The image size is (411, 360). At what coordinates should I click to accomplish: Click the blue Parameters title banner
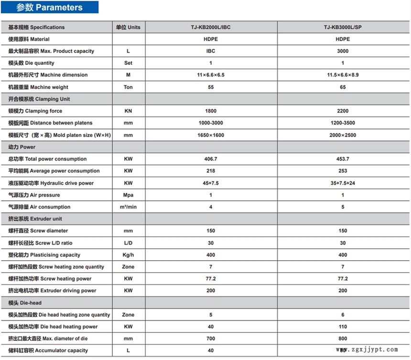coord(50,8)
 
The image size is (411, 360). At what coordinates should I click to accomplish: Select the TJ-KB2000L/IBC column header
coord(210,27)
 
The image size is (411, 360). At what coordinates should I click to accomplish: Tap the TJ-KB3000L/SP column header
coord(343,27)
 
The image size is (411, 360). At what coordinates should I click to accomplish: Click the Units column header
coord(128,27)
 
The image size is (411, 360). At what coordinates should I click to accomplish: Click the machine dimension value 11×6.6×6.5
coord(210,75)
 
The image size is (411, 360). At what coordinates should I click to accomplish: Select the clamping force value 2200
coord(343,111)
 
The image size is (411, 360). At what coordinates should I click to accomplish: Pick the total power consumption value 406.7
coord(210,159)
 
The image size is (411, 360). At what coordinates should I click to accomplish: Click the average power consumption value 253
coord(343,171)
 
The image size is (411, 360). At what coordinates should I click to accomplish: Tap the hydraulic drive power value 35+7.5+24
coord(343,183)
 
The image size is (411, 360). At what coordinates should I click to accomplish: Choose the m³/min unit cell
coord(128,207)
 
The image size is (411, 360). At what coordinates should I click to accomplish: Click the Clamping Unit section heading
coord(39,99)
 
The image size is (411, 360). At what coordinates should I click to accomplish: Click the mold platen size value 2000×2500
coord(343,135)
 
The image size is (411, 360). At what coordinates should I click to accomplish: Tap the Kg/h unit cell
coord(128,255)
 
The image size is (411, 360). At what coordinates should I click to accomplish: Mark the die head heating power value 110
coord(343,327)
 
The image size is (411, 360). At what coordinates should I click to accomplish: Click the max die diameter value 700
coord(210,339)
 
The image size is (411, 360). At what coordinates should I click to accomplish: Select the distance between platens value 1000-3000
coord(210,123)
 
